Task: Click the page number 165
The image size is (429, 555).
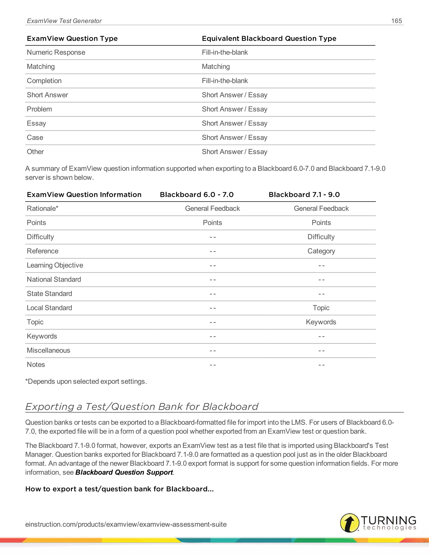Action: pyautogui.click(x=396, y=21)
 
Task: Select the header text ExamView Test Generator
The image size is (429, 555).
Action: pyautogui.click(x=64, y=21)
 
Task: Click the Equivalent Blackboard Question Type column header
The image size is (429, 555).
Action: pyautogui.click(x=269, y=38)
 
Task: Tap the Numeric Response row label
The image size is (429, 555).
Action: pyautogui.click(x=56, y=52)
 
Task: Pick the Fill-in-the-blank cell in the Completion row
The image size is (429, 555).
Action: pyautogui.click(x=225, y=81)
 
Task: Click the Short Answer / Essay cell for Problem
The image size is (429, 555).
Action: pyautogui.click(x=234, y=109)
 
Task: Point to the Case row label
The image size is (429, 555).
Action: pyautogui.click(x=35, y=137)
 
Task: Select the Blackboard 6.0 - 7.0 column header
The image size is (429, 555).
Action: pyautogui.click(x=196, y=195)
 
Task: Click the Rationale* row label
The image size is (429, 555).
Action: pyautogui.click(x=43, y=209)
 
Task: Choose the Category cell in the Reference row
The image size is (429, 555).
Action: pyautogui.click(x=321, y=251)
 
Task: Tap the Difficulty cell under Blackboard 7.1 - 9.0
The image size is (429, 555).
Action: pyautogui.click(x=321, y=237)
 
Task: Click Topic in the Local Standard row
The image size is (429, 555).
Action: pyautogui.click(x=321, y=308)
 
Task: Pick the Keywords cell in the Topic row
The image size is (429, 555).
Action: pyautogui.click(x=321, y=322)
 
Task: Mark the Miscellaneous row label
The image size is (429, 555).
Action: pyautogui.click(x=48, y=350)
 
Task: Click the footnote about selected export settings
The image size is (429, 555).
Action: pyautogui.click(x=86, y=381)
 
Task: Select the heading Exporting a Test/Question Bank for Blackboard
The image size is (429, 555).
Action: pyautogui.click(x=142, y=407)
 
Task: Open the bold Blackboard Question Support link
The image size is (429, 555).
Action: pyautogui.click(x=124, y=472)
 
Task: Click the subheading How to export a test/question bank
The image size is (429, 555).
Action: pyautogui.click(x=119, y=489)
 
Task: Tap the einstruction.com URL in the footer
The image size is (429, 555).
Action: pyautogui.click(x=126, y=524)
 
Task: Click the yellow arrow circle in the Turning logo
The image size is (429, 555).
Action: pyautogui.click(x=349, y=523)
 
